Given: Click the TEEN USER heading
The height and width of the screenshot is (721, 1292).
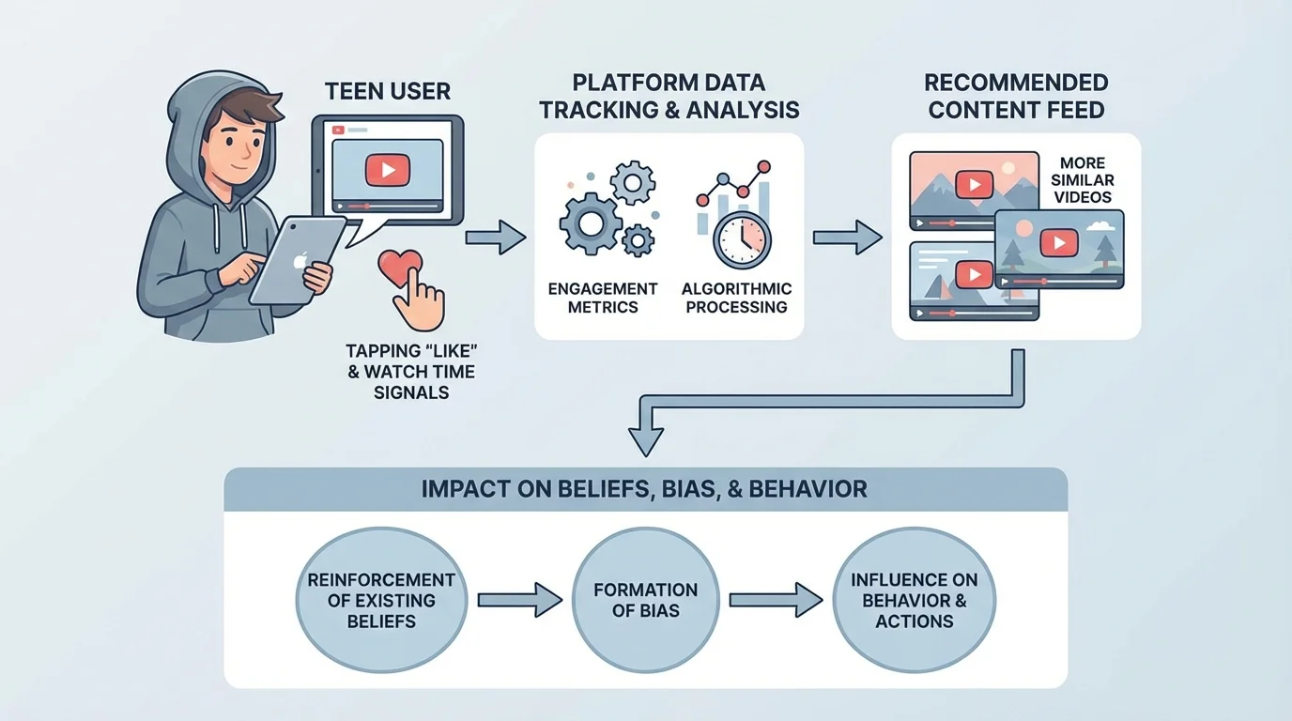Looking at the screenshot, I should point(387,91).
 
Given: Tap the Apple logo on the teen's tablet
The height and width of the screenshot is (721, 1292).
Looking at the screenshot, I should point(298,260).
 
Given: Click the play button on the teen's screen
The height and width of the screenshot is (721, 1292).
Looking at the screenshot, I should point(382,170).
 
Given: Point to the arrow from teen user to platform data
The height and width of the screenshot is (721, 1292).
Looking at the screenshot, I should point(496,238).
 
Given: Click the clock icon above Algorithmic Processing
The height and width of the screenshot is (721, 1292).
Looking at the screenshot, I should point(741,240).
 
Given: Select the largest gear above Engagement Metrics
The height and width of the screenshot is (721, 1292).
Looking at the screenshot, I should point(590,223).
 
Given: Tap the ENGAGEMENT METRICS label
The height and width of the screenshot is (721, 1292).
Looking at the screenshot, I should point(603,298).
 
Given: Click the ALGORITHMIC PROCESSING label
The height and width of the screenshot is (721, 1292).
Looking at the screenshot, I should point(736,298).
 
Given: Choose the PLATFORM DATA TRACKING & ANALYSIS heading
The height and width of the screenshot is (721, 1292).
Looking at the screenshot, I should point(669,96).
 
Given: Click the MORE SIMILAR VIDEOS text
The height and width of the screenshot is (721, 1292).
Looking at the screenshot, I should point(1083,180).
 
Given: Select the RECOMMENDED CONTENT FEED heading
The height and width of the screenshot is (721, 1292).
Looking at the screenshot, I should point(1017,96).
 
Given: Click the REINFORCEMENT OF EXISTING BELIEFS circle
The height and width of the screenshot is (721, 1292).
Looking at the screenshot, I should point(381,600).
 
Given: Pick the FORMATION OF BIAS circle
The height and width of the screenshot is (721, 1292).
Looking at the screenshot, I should point(645,600).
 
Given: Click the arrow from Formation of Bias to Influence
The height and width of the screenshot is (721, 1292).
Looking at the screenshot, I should point(776,600).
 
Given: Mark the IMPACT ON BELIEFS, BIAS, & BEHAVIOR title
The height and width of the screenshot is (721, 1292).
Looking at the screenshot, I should point(644,489).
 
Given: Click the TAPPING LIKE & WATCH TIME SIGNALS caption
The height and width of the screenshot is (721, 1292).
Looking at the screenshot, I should point(410,371).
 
